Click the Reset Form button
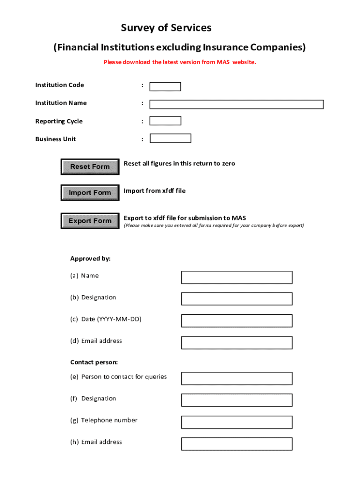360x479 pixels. pyautogui.click(x=90, y=167)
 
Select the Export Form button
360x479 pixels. pyautogui.click(x=90, y=221)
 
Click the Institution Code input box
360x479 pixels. pyautogui.click(x=165, y=87)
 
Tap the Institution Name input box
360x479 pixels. pyautogui.click(x=236, y=104)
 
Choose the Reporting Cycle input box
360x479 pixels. pyautogui.click(x=165, y=121)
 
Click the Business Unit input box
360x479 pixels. pyautogui.click(x=170, y=138)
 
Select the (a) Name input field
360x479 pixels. pyautogui.click(x=237, y=277)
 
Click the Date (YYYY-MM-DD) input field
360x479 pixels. pyautogui.click(x=237, y=321)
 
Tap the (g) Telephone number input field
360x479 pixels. pyautogui.click(x=237, y=422)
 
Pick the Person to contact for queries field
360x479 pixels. pyautogui.click(x=237, y=378)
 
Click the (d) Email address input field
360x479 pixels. pyautogui.click(x=237, y=343)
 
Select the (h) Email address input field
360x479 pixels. pyautogui.click(x=237, y=444)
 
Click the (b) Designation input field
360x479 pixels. pyautogui.click(x=237, y=299)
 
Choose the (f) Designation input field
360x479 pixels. pyautogui.click(x=237, y=400)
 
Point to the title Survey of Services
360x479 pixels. pyautogui.click(x=166, y=28)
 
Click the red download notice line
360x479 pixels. pyautogui.click(x=180, y=62)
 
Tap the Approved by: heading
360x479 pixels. pyautogui.click(x=90, y=259)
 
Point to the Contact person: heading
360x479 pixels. pyautogui.click(x=94, y=362)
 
